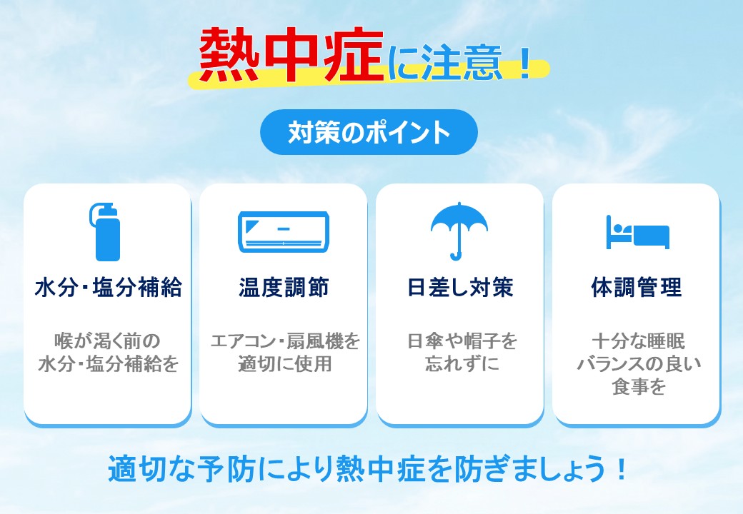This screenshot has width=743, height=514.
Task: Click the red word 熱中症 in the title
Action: [x=291, y=54]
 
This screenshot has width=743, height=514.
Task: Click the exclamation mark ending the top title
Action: [x=524, y=63]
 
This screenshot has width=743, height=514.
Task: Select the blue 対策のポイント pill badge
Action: [x=369, y=132]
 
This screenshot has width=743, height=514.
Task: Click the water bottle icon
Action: [x=106, y=233]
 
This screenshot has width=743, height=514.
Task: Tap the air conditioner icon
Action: [x=284, y=231]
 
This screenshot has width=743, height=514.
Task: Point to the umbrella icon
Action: [x=459, y=231]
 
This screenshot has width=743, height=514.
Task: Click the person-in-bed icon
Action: [x=637, y=232]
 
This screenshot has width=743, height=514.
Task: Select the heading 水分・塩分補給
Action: [x=108, y=287]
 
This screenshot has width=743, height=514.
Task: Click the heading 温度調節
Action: [x=284, y=287]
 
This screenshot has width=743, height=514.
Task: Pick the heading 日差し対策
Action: [x=460, y=287]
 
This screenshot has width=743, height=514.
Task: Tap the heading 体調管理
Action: [x=637, y=287]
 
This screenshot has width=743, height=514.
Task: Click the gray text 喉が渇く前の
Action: [x=108, y=341]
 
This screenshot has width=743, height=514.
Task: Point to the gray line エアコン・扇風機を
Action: [x=285, y=341]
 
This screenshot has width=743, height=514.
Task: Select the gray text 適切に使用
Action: [x=284, y=364]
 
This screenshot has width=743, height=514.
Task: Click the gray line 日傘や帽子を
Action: [x=462, y=341]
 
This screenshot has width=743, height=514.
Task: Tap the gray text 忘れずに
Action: [x=462, y=364]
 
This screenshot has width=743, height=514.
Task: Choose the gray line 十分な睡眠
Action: [x=638, y=341]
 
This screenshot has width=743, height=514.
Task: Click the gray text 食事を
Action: [x=639, y=387]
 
